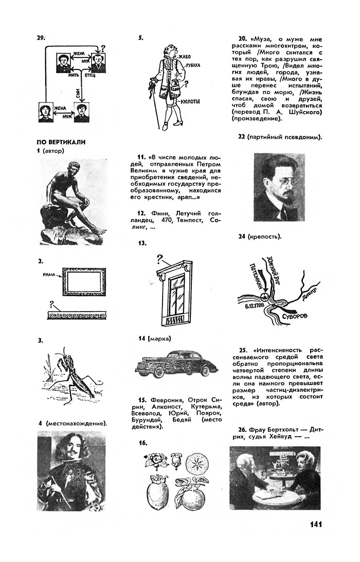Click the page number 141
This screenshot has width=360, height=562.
tap(316, 524)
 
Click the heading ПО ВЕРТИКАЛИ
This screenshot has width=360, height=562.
tap(61, 142)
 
